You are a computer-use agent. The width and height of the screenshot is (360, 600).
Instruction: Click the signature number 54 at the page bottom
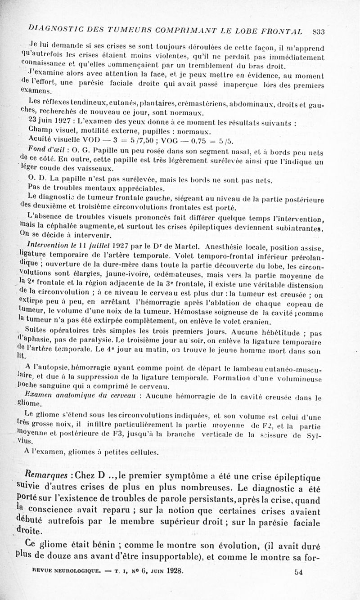pos(298,572)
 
